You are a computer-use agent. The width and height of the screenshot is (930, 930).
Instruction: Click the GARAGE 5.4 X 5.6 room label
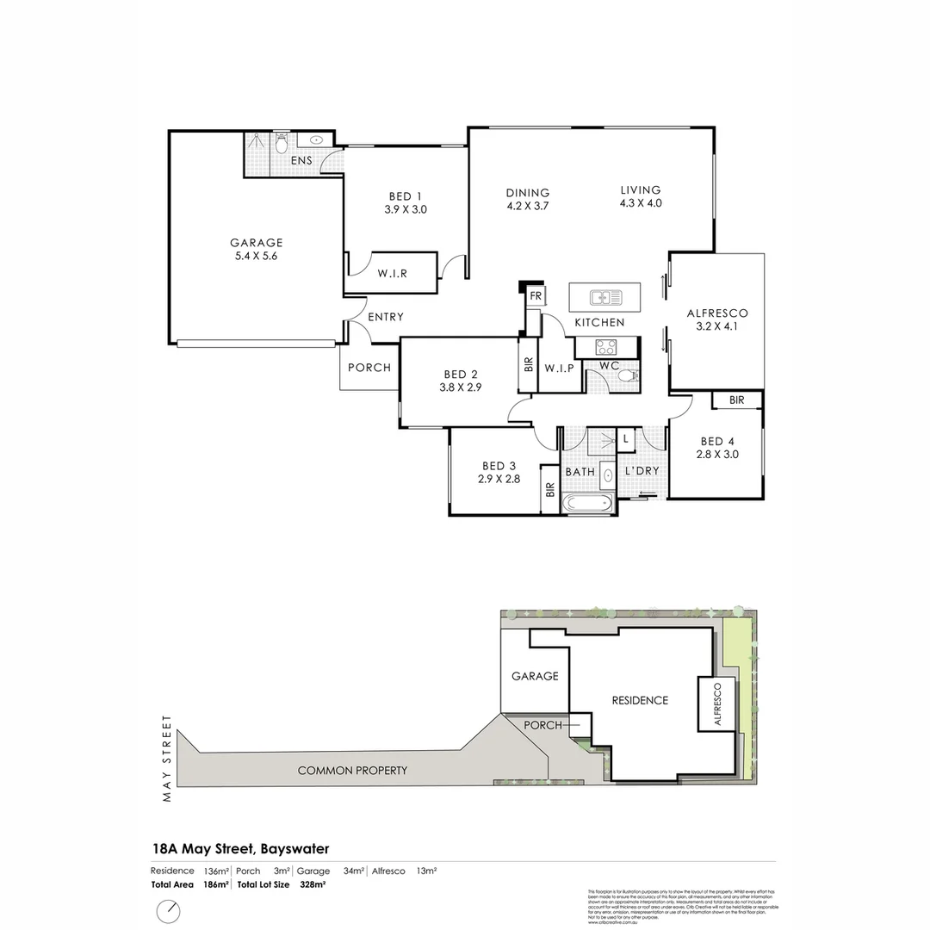click(256, 249)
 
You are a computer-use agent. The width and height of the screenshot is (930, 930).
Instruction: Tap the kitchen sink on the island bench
click(606, 298)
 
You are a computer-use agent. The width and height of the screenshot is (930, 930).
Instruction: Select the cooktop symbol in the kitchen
click(605, 348)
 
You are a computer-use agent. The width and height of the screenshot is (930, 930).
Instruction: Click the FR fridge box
click(535, 296)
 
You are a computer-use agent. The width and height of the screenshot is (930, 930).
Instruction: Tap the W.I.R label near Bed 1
click(392, 274)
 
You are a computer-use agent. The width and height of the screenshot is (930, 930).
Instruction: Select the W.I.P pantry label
click(559, 369)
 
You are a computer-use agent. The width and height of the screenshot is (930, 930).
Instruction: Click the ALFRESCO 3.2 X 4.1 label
click(716, 320)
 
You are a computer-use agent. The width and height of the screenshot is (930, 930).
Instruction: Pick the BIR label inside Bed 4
click(736, 400)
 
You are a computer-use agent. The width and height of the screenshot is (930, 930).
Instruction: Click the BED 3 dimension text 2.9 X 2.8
click(499, 480)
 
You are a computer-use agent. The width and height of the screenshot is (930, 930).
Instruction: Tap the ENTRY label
click(385, 317)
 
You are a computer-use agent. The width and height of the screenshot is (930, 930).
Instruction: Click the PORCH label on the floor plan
click(369, 368)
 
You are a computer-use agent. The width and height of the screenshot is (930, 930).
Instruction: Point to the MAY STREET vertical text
click(168, 758)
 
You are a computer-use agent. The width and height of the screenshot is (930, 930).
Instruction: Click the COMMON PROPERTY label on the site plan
click(352, 770)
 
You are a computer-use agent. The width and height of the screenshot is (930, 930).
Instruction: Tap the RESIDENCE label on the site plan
click(640, 700)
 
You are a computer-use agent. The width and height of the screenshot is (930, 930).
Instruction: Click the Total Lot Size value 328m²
click(313, 884)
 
